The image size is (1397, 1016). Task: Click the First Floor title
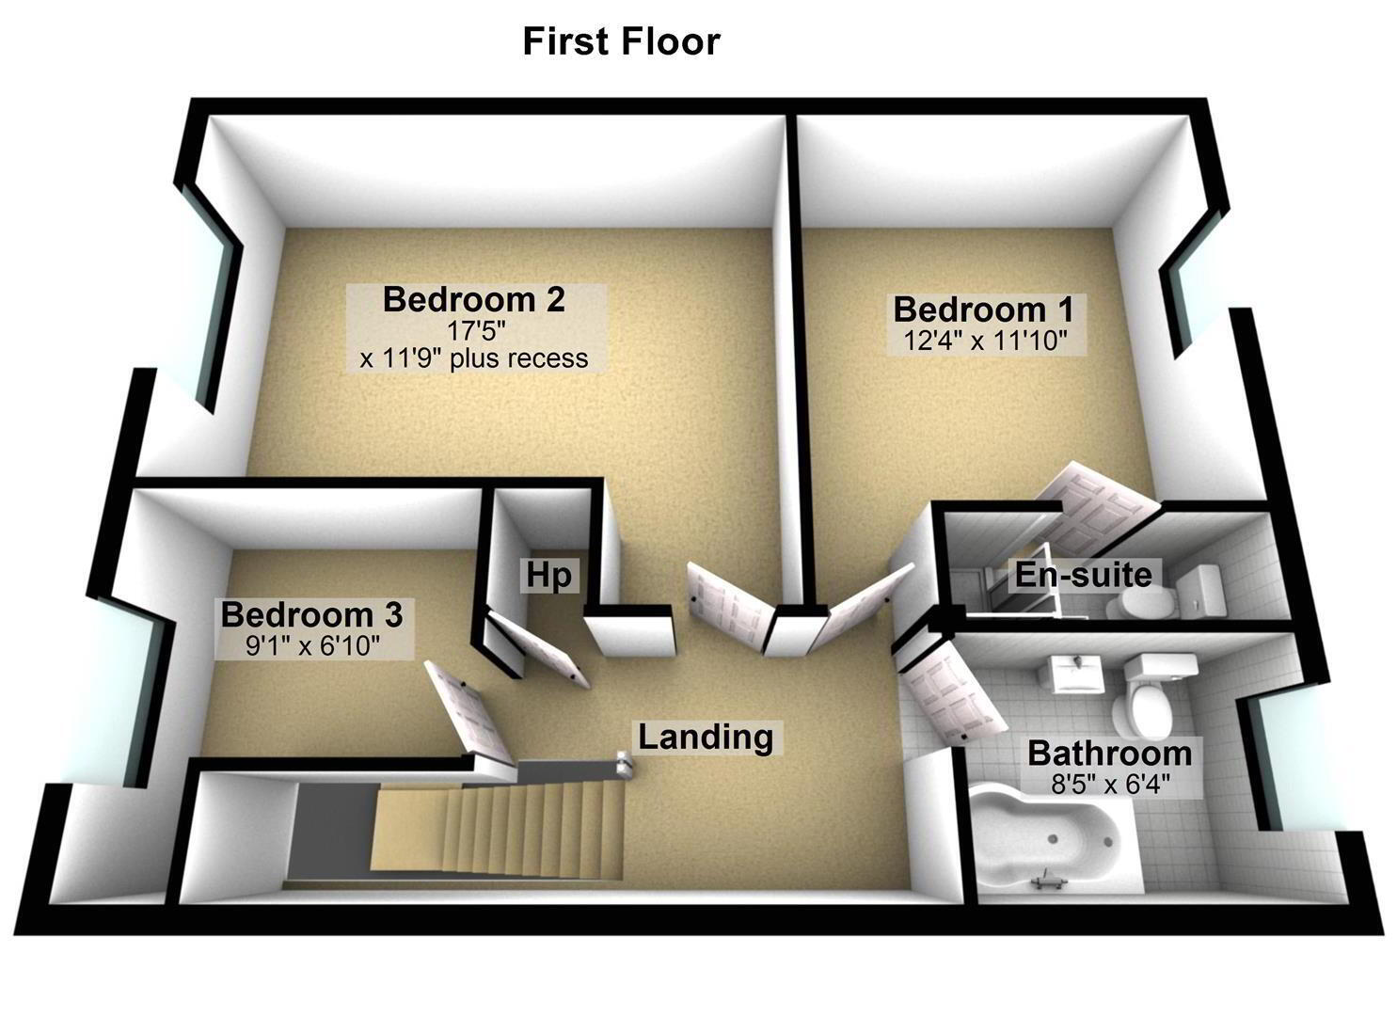(621, 41)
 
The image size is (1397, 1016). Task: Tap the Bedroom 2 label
(474, 299)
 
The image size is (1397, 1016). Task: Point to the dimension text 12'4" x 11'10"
(986, 341)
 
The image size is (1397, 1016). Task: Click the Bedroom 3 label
(311, 614)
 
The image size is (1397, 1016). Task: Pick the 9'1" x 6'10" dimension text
(312, 645)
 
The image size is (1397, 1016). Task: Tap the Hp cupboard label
(548, 575)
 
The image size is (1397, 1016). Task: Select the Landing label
(706, 738)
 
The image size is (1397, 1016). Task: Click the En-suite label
(1084, 575)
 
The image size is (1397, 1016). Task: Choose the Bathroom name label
(1109, 754)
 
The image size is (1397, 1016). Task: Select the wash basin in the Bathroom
(1071, 675)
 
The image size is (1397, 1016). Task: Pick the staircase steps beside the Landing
(499, 828)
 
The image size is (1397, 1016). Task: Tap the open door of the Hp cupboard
(539, 648)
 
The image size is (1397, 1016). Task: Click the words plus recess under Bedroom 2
(519, 359)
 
